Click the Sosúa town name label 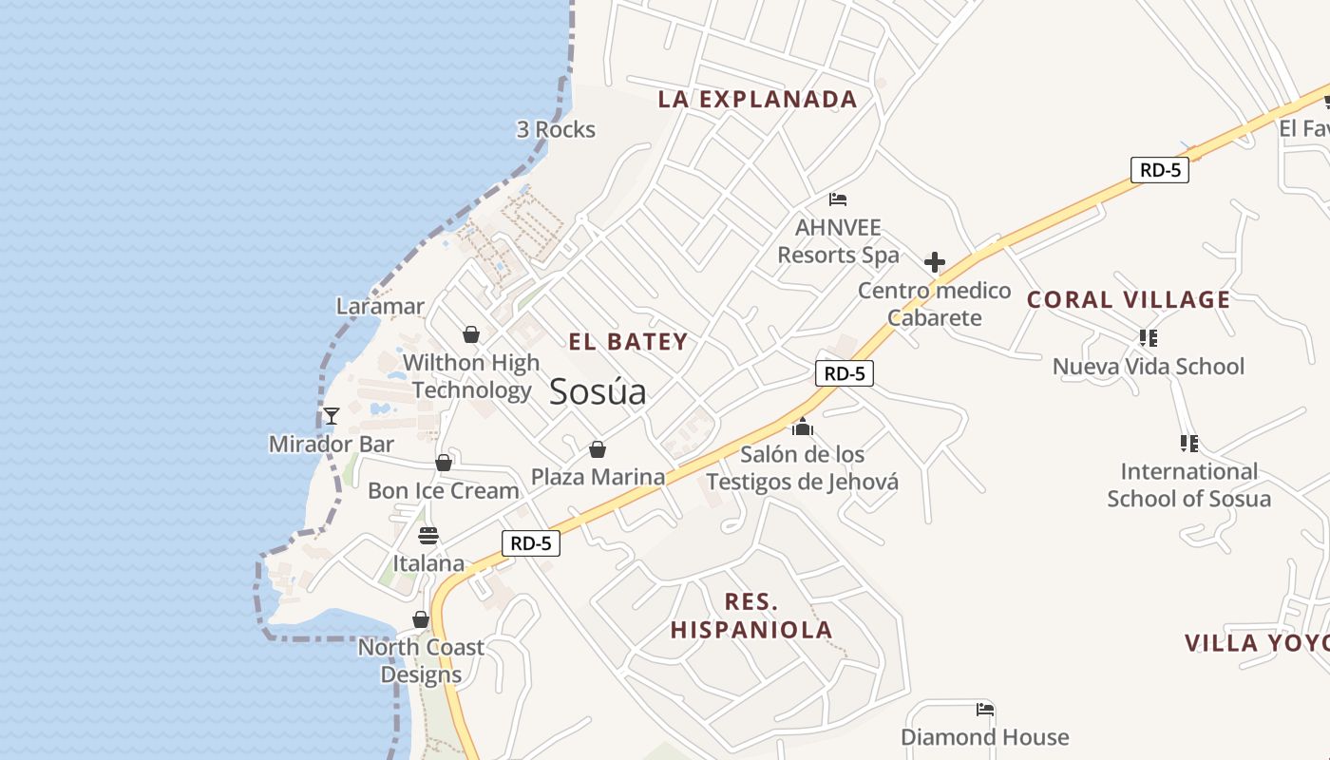(598, 391)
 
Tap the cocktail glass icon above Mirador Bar (331, 415)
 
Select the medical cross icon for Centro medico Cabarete (935, 262)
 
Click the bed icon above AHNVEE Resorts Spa (838, 199)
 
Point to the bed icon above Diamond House (985, 709)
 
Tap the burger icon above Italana (428, 535)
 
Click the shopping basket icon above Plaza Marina (598, 448)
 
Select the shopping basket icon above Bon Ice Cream (444, 463)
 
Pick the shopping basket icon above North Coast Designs (421, 620)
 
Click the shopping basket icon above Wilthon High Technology (470, 334)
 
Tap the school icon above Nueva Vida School (1148, 337)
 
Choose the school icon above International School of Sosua (1188, 443)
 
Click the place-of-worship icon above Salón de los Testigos (803, 427)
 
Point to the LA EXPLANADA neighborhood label (757, 99)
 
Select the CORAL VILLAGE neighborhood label (1129, 300)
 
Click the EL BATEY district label (628, 342)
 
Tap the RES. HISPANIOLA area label (751, 615)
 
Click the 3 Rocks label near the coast (556, 129)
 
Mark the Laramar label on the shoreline (380, 306)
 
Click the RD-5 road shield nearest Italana (530, 543)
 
